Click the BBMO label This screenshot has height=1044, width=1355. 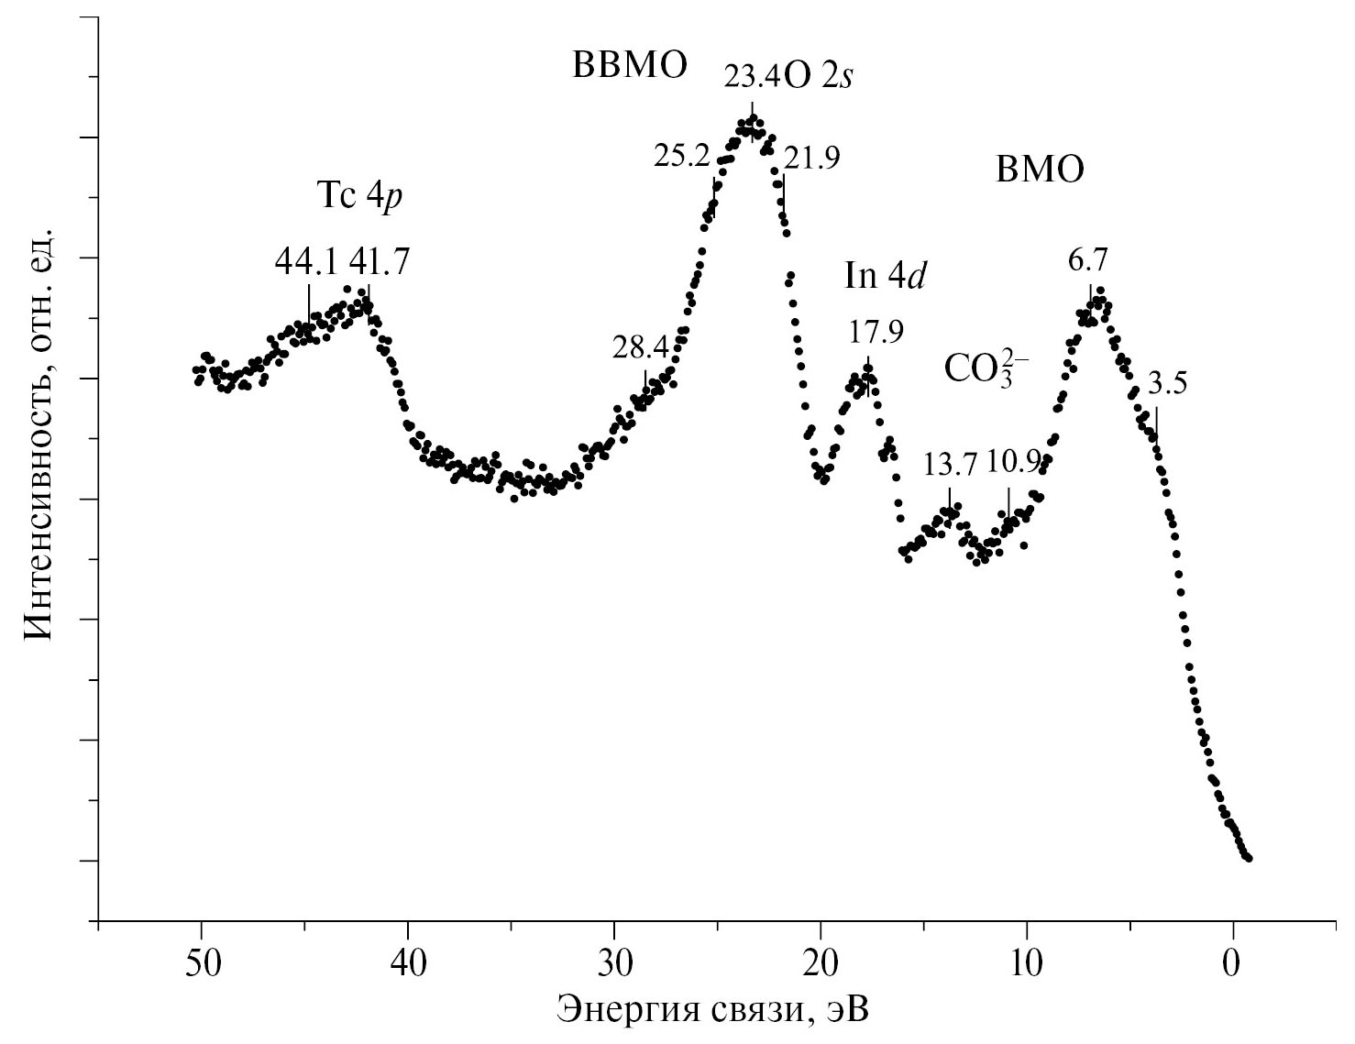(630, 66)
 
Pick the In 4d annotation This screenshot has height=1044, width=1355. (884, 276)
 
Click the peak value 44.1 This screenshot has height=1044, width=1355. (305, 263)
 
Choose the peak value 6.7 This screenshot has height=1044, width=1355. (1089, 263)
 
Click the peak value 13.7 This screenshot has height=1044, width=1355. (951, 465)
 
